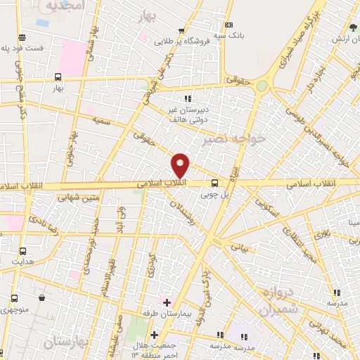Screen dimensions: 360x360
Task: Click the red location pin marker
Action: (181, 165)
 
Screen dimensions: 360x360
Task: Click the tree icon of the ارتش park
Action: (354, 27)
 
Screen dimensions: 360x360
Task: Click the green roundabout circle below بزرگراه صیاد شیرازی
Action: (262, 86)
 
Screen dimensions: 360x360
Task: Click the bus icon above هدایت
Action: (23, 250)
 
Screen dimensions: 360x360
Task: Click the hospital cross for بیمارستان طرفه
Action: (167, 303)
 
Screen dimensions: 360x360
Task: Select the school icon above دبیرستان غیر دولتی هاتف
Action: (186, 98)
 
